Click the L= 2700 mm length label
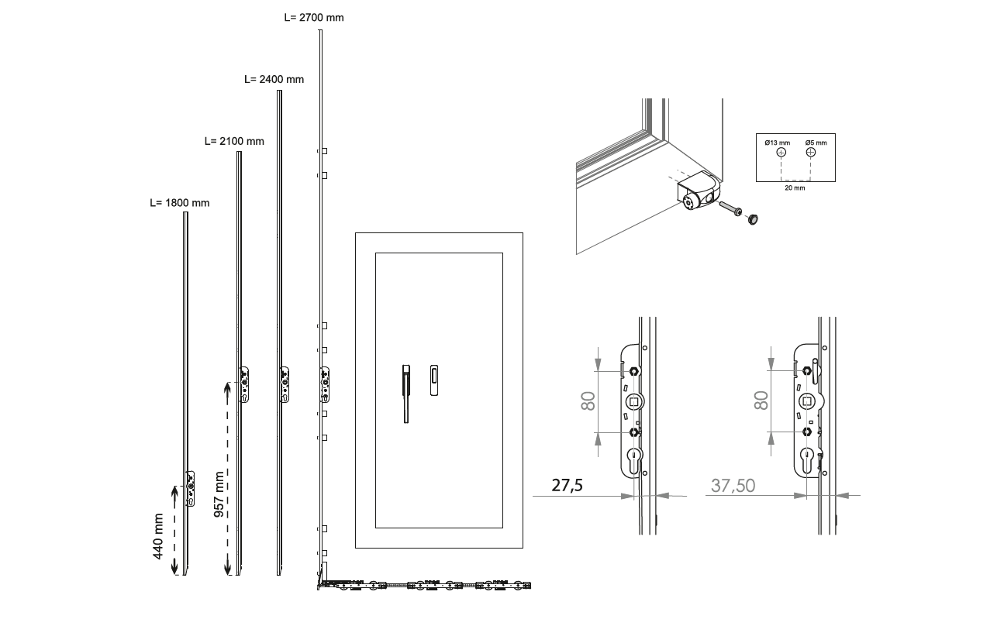point(314,18)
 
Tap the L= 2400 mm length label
point(274,80)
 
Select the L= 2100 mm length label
point(234,142)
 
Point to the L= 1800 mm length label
point(179,203)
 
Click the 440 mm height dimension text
point(158,536)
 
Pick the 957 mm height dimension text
point(219,494)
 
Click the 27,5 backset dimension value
point(567,486)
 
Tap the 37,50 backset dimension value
point(733,486)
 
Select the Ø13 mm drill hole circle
point(781,153)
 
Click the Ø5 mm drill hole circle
point(811,153)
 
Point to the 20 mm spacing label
point(795,188)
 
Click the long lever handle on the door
point(406,394)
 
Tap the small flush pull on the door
point(434,380)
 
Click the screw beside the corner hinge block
point(730,208)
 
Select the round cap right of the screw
point(753,219)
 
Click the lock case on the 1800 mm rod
point(191,489)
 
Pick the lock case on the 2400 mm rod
point(285,384)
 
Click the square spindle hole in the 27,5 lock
point(634,402)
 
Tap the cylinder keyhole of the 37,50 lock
point(806,459)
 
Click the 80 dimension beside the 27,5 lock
point(588,401)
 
